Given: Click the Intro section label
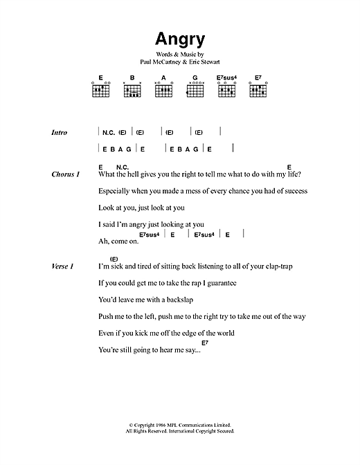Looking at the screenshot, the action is click(60, 132).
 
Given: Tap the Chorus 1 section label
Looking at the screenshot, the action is click(66, 174).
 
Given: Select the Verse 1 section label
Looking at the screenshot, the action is click(62, 266).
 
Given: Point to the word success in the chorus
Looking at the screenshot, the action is click(293, 191).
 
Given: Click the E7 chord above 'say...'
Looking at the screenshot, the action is click(204, 343).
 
